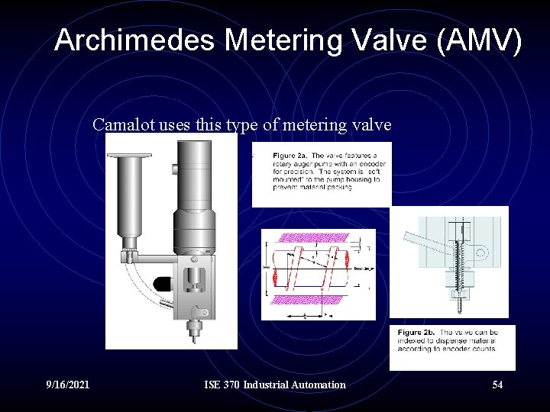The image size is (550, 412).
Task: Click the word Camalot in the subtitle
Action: (125, 124)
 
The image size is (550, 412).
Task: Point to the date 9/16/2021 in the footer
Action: (67, 385)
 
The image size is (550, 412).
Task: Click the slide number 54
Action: (497, 385)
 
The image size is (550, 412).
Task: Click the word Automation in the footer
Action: (316, 385)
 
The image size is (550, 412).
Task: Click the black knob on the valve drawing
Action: (163, 283)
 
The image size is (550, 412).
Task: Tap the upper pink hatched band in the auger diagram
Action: (318, 238)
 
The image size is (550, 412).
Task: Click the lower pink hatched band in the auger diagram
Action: (318, 302)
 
